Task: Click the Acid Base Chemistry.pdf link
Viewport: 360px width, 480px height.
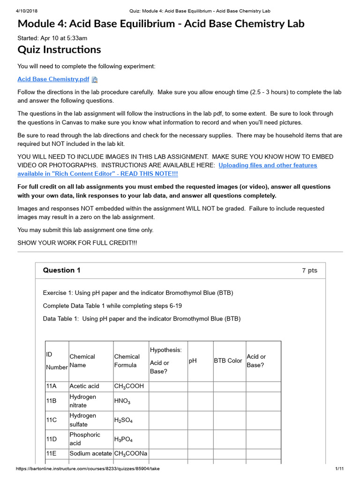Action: [53, 79]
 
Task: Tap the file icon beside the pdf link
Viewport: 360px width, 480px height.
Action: [94, 80]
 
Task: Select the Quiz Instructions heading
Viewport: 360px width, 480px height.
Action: [59, 50]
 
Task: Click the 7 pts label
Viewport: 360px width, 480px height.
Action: [310, 270]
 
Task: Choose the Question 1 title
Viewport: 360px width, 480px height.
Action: [61, 270]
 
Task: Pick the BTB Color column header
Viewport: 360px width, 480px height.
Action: [228, 360]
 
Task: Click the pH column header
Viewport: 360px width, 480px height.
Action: [193, 360]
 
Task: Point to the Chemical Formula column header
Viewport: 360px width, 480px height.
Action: [127, 360]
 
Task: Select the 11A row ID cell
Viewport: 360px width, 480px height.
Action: [51, 386]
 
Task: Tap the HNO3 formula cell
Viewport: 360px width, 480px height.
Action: [122, 401]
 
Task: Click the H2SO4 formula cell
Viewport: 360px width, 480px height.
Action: [123, 420]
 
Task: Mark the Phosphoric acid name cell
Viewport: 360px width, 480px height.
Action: [85, 439]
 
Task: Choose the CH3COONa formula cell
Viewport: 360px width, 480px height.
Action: [131, 453]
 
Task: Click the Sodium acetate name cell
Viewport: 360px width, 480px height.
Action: [90, 453]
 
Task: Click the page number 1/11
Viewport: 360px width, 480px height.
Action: [340, 469]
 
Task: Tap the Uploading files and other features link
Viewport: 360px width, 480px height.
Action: [268, 165]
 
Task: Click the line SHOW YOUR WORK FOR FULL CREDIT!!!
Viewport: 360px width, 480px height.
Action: [77, 242]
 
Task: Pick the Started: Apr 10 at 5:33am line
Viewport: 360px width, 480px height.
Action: [52, 38]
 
